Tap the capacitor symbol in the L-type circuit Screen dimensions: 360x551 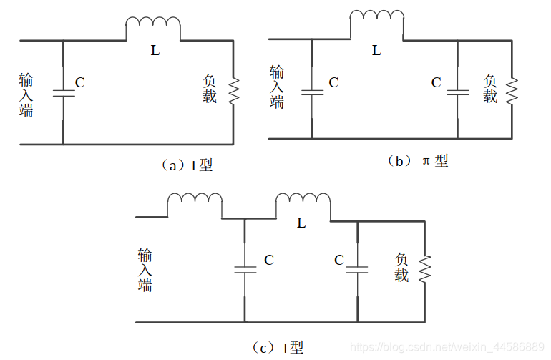[63, 92]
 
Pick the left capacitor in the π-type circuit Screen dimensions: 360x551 [312, 92]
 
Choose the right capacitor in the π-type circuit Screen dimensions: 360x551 [457, 92]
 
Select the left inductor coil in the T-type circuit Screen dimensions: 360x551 [195, 204]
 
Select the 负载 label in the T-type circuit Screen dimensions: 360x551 [401, 268]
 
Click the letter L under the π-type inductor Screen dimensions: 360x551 [377, 51]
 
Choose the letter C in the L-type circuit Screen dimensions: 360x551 [80, 83]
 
